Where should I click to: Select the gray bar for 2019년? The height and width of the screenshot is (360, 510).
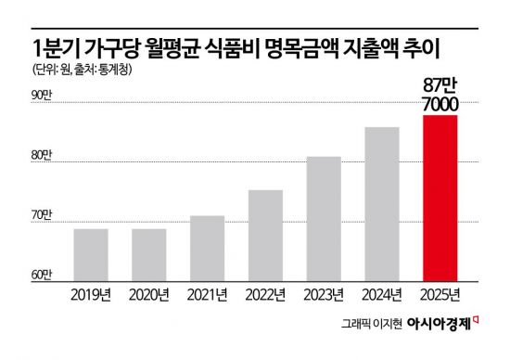[92, 253]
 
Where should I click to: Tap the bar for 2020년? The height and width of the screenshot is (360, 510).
[149, 253]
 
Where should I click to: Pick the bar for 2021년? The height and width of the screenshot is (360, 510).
[208, 247]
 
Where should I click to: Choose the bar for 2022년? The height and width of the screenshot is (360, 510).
[266, 234]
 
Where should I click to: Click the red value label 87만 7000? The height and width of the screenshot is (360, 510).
[440, 96]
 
